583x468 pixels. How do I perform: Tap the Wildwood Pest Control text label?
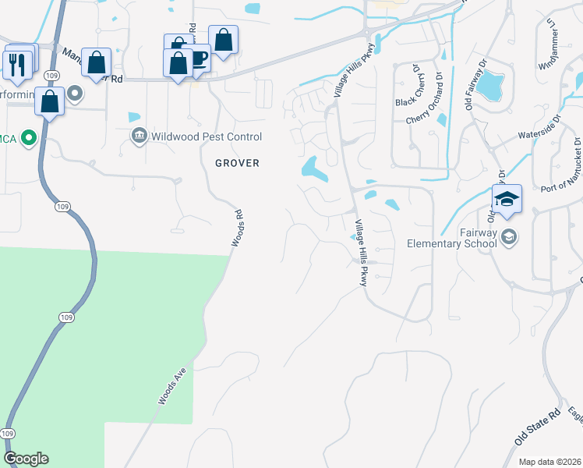[207, 136]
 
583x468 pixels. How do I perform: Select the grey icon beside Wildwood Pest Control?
[140, 136]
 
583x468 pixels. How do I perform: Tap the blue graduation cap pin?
[507, 200]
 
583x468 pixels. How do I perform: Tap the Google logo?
[26, 459]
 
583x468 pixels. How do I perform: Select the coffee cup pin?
[198, 58]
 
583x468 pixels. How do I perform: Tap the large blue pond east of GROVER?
[314, 168]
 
